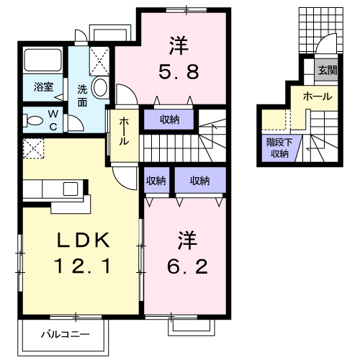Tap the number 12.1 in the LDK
[81, 268]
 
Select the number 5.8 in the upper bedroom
[179, 72]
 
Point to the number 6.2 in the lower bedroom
[184, 267]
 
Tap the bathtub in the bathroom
[43, 61]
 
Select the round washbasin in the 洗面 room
[100, 89]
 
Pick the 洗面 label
[82, 96]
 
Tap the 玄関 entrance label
[328, 70]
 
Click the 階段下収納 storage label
[279, 148]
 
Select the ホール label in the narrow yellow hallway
[124, 131]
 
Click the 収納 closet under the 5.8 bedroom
[170, 120]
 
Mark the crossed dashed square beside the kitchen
[33, 149]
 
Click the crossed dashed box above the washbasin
[99, 58]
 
